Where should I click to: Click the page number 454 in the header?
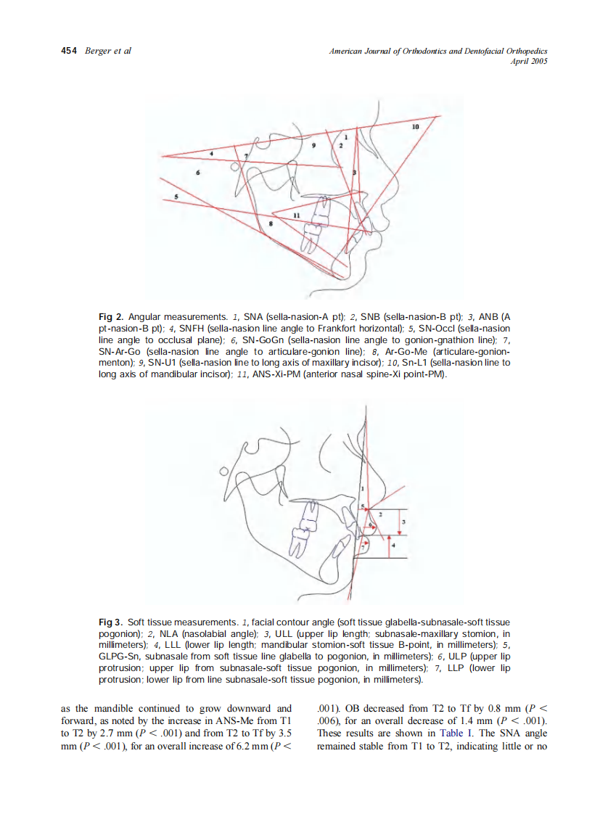69,52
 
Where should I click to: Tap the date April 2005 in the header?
529,61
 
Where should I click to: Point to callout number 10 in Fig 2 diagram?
414,127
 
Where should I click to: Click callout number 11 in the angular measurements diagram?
296,216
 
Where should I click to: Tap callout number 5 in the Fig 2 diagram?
176,196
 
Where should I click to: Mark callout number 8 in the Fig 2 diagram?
271,223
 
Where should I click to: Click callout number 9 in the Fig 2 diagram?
313,146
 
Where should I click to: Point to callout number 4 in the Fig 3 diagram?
393,544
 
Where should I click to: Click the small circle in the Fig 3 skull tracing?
224,472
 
